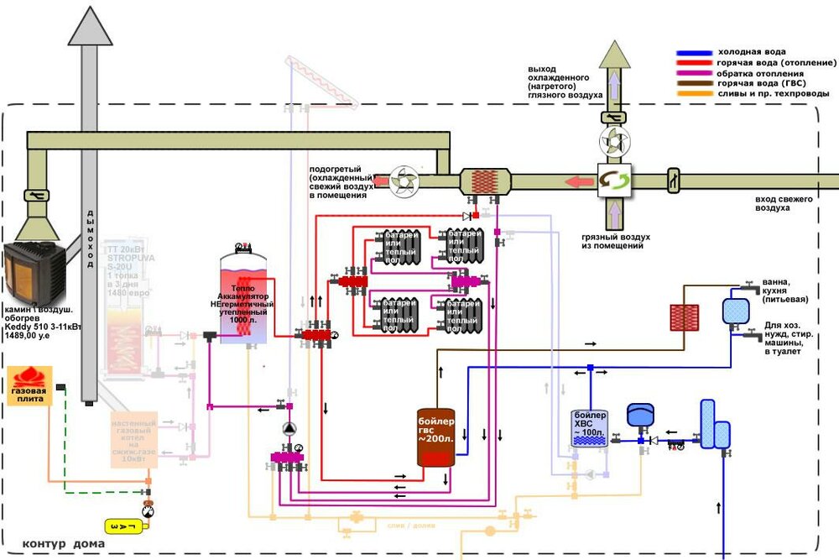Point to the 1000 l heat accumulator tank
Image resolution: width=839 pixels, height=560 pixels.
pos(243,298)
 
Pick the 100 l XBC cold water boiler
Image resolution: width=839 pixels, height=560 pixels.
pos(586,429)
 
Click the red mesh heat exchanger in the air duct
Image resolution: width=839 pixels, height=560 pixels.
pos(484,181)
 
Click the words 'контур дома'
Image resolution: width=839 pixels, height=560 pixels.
pos(64,544)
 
